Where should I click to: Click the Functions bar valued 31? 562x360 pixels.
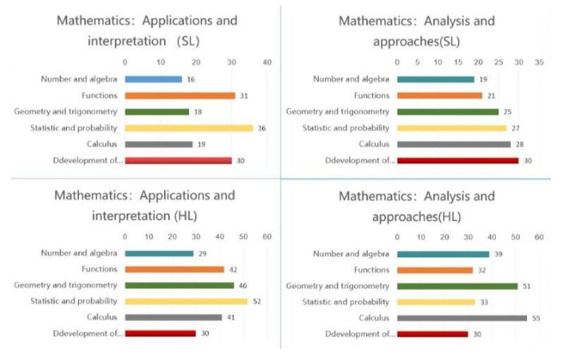(179, 96)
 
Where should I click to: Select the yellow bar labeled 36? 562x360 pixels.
(188, 127)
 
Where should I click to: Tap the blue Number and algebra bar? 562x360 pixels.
(153, 79)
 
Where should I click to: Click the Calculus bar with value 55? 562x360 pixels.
(462, 318)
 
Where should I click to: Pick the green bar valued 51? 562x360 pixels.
(457, 285)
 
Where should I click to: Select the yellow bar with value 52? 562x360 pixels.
(186, 301)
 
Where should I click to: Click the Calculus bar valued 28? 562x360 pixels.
(454, 144)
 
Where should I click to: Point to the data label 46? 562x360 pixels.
(246, 285)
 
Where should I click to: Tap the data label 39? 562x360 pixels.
(499, 253)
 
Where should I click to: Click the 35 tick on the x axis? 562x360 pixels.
(539, 62)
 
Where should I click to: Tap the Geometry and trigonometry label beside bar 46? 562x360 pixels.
(67, 285)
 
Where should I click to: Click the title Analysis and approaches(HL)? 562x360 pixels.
(416, 205)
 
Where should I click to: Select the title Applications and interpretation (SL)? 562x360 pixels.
(147, 29)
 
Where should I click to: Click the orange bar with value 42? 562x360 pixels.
(175, 269)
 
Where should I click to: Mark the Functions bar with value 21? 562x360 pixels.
(439, 96)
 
